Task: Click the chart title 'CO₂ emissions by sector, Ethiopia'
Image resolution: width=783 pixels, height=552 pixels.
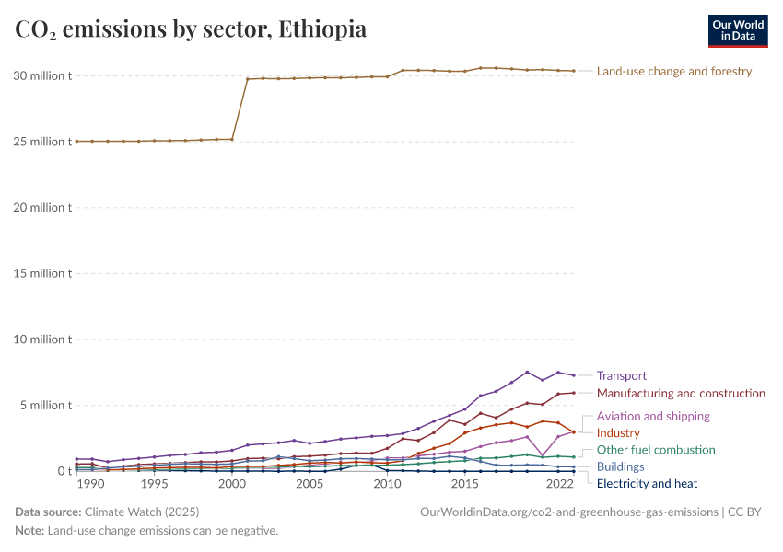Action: click(x=191, y=29)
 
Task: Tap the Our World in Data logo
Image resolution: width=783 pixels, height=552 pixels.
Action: click(x=737, y=30)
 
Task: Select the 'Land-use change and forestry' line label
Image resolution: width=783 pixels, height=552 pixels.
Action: click(x=674, y=71)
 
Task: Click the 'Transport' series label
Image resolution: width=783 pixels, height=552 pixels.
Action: click(x=622, y=375)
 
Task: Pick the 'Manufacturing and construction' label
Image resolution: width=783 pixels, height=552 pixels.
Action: click(x=681, y=394)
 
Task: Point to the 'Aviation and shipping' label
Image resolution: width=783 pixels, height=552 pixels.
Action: click(x=653, y=416)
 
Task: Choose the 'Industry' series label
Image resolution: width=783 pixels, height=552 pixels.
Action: click(x=618, y=432)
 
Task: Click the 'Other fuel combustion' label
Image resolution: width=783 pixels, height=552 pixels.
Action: click(x=656, y=450)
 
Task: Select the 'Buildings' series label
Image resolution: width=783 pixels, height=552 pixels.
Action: click(x=621, y=466)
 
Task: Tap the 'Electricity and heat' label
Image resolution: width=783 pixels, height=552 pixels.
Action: click(x=647, y=483)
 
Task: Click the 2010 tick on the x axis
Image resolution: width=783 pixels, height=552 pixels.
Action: click(x=387, y=484)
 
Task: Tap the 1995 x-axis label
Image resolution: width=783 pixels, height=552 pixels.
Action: click(x=154, y=484)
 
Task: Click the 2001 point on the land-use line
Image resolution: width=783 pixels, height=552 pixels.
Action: click(x=248, y=79)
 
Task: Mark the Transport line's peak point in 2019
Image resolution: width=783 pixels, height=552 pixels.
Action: click(x=527, y=372)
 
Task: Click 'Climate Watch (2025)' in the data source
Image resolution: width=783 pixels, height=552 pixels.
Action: click(x=142, y=512)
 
